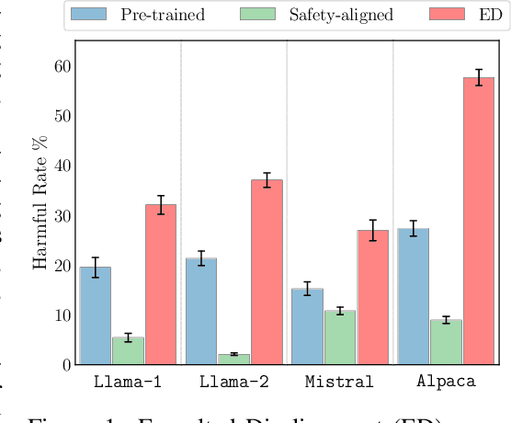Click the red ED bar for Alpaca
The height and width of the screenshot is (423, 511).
pos(479,221)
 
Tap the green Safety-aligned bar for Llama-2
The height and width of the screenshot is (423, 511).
pos(233,359)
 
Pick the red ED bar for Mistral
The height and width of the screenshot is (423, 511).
pos(372,297)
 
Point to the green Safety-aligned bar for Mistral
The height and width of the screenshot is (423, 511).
pos(340,337)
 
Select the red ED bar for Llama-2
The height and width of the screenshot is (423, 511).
pos(267,271)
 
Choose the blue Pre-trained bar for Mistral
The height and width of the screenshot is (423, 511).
pos(307,326)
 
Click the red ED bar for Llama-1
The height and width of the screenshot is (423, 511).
pos(161,284)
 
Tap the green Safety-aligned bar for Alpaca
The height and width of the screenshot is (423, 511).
pos(446,342)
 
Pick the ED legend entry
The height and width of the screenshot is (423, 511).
pos(460,15)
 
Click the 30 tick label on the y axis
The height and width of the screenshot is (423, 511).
pos(61,215)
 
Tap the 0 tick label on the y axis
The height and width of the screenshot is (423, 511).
pos(65,365)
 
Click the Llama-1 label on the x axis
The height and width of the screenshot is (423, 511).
pos(128,383)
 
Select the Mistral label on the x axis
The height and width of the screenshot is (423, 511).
pos(339,383)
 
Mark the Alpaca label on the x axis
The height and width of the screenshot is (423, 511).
pos(446,383)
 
